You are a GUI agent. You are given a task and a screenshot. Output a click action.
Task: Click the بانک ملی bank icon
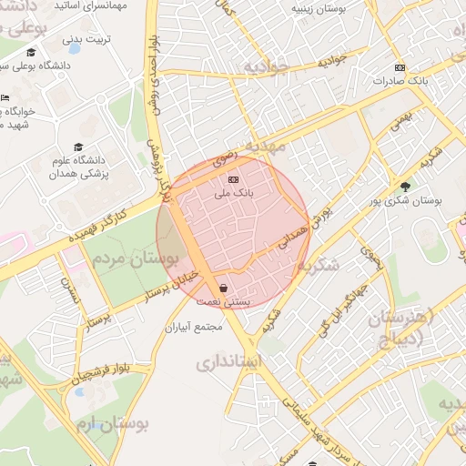234,178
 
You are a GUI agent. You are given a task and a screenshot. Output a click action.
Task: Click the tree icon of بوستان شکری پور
404,187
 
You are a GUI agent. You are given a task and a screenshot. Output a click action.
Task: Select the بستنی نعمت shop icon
224,288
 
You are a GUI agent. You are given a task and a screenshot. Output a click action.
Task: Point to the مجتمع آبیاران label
196,327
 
